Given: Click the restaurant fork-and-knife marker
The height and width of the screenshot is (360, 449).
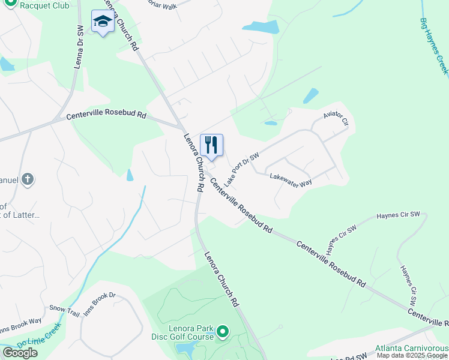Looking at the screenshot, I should (211, 145).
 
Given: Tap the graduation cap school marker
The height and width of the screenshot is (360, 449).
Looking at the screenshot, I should (103, 22).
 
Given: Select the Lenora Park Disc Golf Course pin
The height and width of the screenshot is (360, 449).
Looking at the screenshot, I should (223, 331).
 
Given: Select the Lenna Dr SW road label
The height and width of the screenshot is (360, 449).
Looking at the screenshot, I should (79, 47).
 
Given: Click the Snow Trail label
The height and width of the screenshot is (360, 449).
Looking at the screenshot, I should (64, 310).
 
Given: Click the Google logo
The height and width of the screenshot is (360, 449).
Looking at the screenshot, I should (20, 353).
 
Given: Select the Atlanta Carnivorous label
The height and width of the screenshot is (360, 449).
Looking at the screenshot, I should (412, 348).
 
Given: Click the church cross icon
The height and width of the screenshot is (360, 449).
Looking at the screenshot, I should (27, 179).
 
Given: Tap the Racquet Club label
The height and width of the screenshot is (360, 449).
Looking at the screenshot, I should (43, 5).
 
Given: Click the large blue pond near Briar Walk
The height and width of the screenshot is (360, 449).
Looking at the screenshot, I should (262, 27).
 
